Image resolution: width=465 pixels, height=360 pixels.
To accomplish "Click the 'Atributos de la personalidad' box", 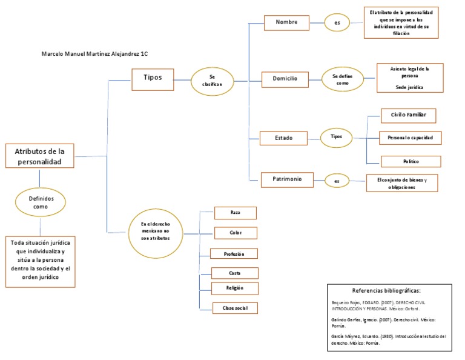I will point(39,156).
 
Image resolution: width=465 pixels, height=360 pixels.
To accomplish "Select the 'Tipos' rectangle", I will point(152,77).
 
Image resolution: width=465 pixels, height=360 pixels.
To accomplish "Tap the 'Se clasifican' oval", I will point(212,81).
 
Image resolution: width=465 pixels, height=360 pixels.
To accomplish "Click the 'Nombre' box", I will point(286,22).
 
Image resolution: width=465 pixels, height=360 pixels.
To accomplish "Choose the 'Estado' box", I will point(283,138).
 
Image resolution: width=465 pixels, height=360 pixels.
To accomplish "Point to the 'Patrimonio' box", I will point(287,179).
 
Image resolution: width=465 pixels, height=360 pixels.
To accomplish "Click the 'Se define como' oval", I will point(342,79).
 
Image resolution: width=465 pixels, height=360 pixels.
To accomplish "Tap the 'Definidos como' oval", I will point(40,202).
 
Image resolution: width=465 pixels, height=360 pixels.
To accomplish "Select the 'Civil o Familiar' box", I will point(408,115).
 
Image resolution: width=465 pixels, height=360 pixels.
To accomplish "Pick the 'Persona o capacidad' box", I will point(410,138).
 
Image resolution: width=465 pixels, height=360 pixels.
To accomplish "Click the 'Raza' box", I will point(236,213).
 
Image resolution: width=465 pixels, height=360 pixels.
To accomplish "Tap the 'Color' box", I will point(236,233).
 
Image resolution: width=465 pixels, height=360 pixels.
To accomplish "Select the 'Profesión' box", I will point(234,253).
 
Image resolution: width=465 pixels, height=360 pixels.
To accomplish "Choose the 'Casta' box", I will point(235,273).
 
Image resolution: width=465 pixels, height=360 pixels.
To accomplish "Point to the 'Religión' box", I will point(235,288).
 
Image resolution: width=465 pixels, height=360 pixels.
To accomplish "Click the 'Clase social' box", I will point(235,308).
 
